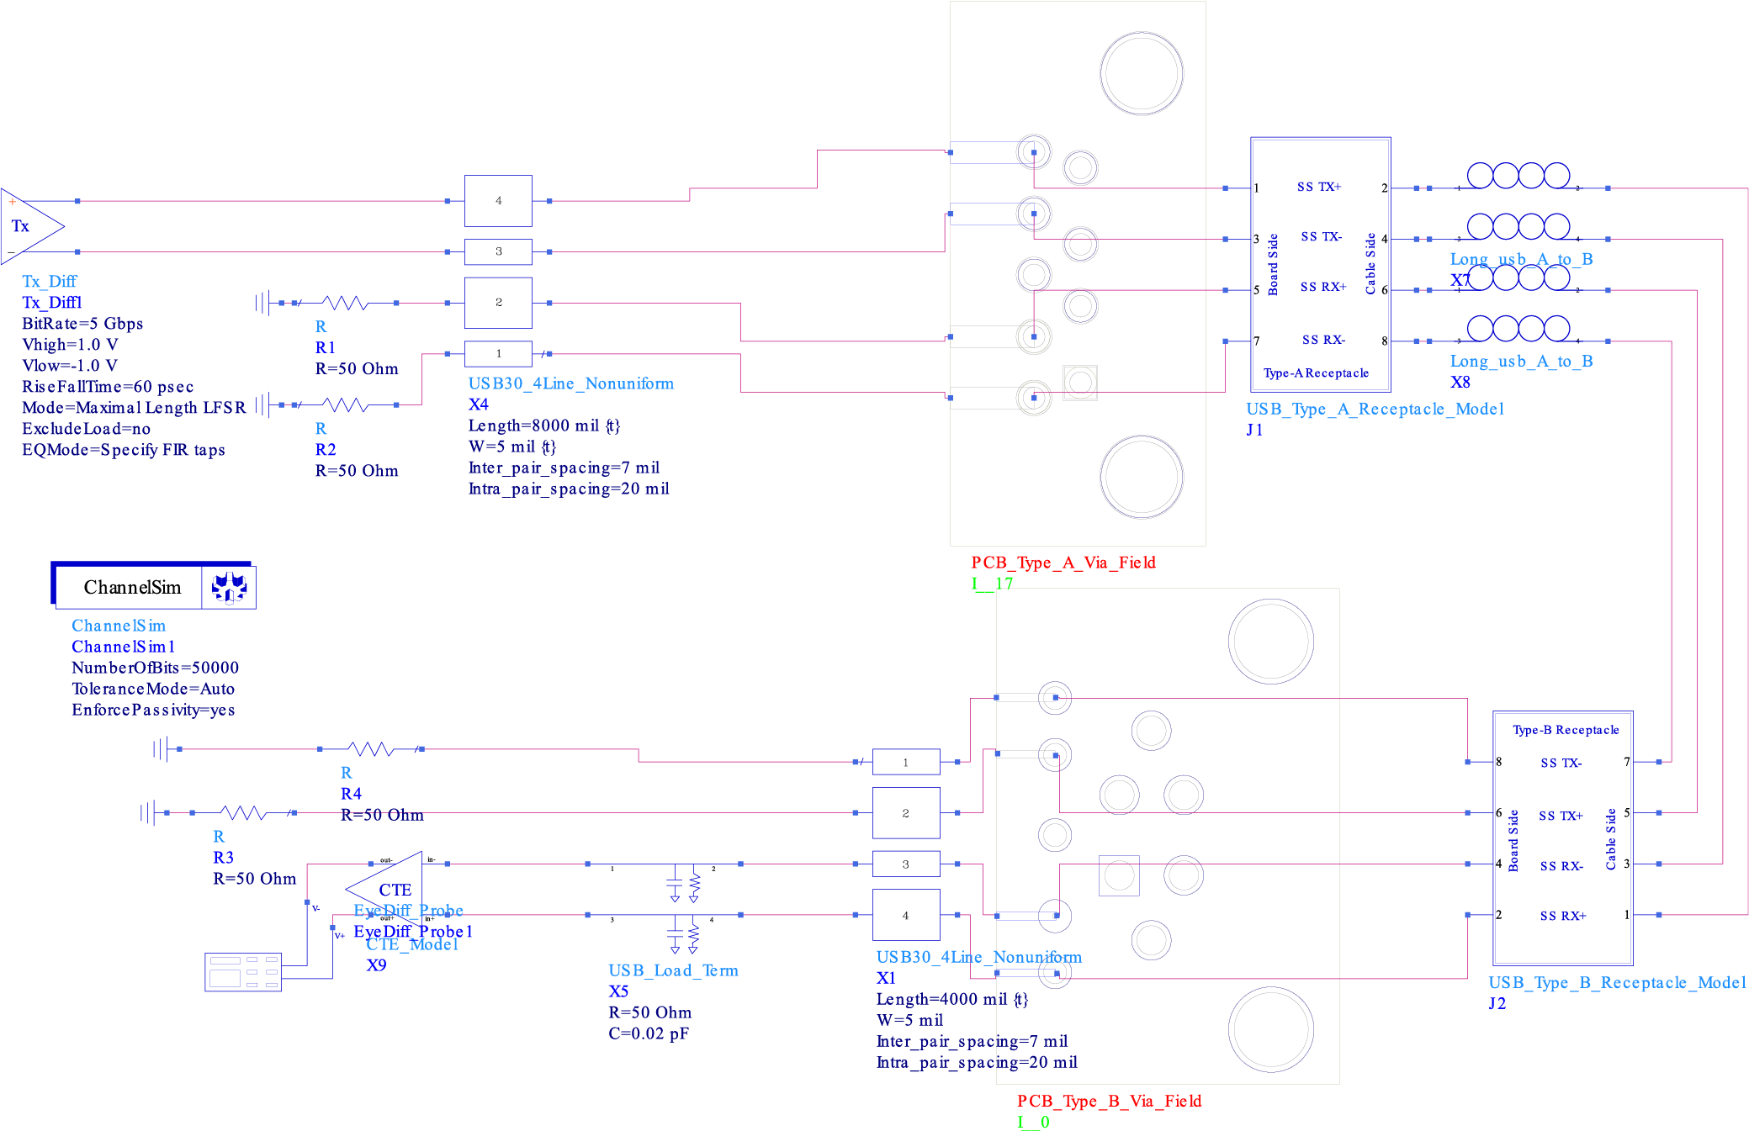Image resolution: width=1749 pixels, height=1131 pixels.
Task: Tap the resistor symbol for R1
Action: [x=345, y=303]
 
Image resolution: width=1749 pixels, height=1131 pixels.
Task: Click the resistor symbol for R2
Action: [x=345, y=405]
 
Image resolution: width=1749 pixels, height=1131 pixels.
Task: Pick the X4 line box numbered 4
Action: [x=498, y=201]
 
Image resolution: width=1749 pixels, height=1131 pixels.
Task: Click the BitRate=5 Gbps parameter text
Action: [x=82, y=324]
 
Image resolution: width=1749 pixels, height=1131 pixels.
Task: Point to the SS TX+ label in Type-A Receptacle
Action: [x=1318, y=187]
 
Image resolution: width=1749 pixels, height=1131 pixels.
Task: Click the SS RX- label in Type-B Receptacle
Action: [x=1561, y=866]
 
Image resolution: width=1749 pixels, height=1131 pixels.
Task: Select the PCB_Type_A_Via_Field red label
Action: [x=1063, y=563]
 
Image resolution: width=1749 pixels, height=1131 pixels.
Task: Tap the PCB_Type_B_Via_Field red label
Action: [x=1108, y=1101]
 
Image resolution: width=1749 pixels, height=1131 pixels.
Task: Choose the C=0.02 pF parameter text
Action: [x=648, y=1033]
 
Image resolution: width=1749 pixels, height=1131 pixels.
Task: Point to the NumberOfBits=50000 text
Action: [x=155, y=668]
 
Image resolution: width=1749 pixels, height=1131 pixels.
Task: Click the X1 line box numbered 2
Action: [x=905, y=813]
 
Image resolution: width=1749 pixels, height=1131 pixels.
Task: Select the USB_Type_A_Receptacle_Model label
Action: [x=1374, y=409]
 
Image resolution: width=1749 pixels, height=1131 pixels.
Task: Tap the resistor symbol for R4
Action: [x=370, y=748]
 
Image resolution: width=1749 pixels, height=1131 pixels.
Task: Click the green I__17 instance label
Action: [x=992, y=584]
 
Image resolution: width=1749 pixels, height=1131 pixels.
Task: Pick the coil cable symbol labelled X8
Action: [x=1518, y=328]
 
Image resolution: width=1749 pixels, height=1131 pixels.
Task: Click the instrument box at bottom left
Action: [x=242, y=972]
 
